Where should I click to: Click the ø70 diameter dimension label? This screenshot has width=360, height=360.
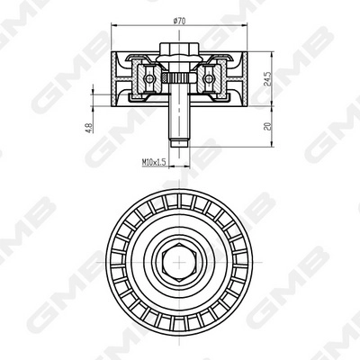(179, 21)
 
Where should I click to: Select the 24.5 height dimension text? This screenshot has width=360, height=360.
(268, 79)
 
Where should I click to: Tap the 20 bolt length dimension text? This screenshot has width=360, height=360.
(268, 126)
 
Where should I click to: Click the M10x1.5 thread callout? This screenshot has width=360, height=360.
(154, 162)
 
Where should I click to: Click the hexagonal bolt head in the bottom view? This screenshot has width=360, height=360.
(179, 262)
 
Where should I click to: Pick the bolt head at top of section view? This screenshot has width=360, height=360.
(179, 49)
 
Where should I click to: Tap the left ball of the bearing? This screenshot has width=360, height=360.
(149, 78)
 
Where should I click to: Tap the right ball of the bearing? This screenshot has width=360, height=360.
(209, 78)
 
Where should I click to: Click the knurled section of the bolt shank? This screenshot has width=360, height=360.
(179, 78)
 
